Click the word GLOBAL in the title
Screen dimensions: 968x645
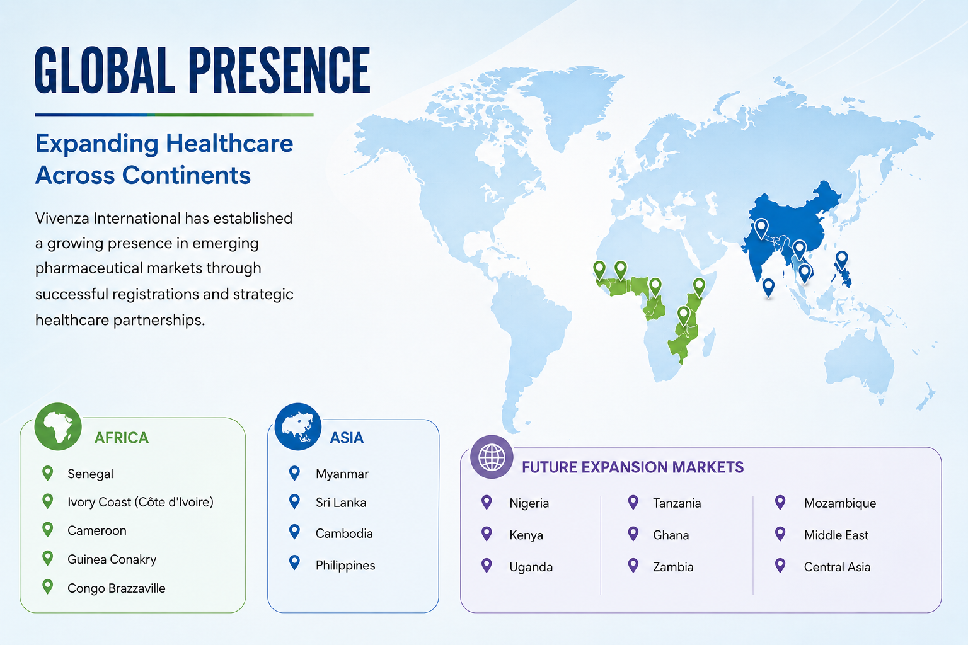pos(105,70)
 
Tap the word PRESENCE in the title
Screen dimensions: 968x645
pos(279,70)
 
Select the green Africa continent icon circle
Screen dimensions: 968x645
pos(58,427)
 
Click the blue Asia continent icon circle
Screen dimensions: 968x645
pos(297,427)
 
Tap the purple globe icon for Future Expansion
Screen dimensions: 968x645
pos(492,457)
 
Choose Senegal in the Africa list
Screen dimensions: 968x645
pos(90,474)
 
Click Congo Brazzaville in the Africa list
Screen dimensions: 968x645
pos(116,588)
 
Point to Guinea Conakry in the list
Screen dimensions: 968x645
pos(112,559)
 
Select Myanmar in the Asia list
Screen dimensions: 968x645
pos(342,474)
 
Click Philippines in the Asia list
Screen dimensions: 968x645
pos(345,565)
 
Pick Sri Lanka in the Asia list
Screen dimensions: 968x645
pos(340,503)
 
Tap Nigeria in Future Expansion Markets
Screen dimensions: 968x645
pos(529,503)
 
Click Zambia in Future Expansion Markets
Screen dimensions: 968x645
pos(673,567)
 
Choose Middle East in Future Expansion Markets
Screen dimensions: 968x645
pos(836,535)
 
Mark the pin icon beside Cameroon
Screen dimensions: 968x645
pos(48,530)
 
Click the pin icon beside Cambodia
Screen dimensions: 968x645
pos(295,532)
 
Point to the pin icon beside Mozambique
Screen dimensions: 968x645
pos(780,503)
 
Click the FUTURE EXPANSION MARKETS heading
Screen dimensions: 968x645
pos(633,467)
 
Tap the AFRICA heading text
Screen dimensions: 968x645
pos(122,438)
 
